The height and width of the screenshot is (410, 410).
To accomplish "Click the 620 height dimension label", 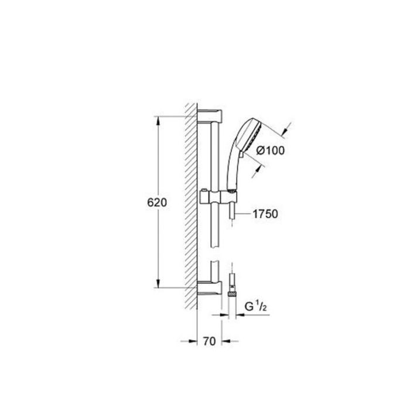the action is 157,203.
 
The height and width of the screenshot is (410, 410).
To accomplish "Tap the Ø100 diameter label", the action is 271,151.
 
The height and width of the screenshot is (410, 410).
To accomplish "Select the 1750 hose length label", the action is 265,214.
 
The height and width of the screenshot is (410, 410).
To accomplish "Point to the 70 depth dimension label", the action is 210,341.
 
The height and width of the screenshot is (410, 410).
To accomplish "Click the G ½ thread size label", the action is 256,306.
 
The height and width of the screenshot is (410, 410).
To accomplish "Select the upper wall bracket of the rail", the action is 210,116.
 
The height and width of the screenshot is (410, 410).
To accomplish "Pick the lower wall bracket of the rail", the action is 210,288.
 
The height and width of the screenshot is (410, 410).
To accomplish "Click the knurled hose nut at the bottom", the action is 232,294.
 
